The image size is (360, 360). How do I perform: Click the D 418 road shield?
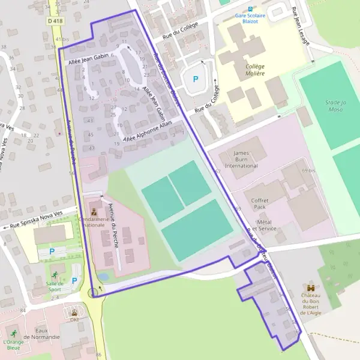pyautogui.click(x=55, y=21)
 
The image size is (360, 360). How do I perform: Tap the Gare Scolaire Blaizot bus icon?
pyautogui.click(x=250, y=9)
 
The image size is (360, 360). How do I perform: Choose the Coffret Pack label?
pyautogui.click(x=259, y=203)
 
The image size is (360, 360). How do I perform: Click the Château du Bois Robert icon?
pyautogui.click(x=311, y=287)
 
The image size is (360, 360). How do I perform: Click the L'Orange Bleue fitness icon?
pyautogui.click(x=13, y=334)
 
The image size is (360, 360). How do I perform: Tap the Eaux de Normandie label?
pyautogui.click(x=47, y=334)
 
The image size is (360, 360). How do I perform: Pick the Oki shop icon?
pyautogui.click(x=74, y=313)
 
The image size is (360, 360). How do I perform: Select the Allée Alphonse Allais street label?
pyautogui.click(x=147, y=131)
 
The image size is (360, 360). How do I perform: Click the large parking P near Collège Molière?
pyautogui.click(x=194, y=79)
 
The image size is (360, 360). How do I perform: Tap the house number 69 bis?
pyautogui.click(x=308, y=171)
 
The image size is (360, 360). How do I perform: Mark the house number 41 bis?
pyautogui.click(x=62, y=39)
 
